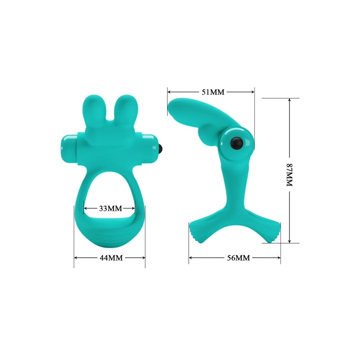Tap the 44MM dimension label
[111, 257]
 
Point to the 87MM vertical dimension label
[289, 175]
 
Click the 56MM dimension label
[238, 257]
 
